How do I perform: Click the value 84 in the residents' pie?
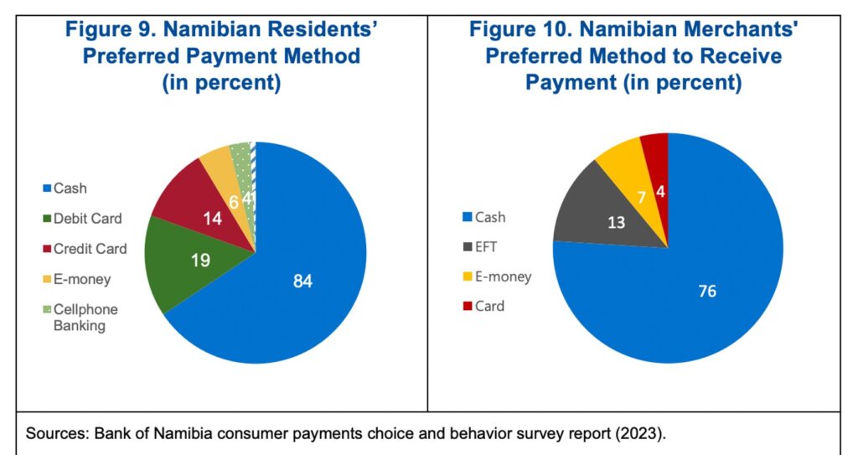(302, 282)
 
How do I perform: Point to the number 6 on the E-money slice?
(233, 201)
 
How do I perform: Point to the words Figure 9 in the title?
(108, 30)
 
